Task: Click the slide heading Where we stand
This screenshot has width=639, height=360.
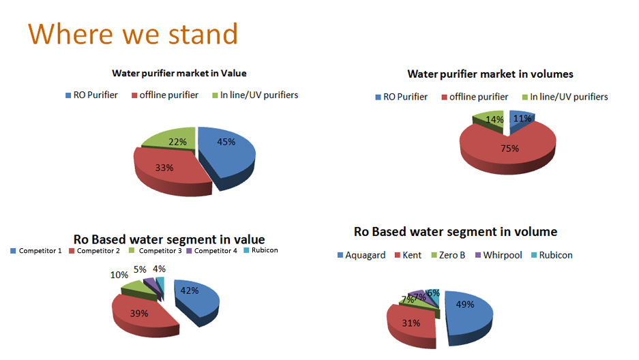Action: click(x=133, y=33)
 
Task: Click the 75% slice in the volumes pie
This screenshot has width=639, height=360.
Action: click(x=508, y=151)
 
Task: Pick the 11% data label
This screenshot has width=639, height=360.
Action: click(x=522, y=119)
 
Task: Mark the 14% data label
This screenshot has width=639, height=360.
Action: click(x=494, y=120)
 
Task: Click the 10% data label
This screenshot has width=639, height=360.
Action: click(x=119, y=275)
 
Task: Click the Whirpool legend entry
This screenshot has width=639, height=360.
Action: click(x=499, y=255)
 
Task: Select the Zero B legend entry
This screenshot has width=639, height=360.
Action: click(x=448, y=255)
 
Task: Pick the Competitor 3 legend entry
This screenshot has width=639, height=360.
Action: click(x=155, y=250)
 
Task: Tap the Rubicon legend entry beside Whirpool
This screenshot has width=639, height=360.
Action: click(x=552, y=255)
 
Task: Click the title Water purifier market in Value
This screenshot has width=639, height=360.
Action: click(x=179, y=74)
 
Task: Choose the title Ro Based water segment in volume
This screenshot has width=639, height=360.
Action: click(x=456, y=232)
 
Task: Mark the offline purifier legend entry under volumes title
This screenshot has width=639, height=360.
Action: click(x=475, y=97)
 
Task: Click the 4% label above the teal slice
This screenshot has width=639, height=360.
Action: click(x=160, y=269)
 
